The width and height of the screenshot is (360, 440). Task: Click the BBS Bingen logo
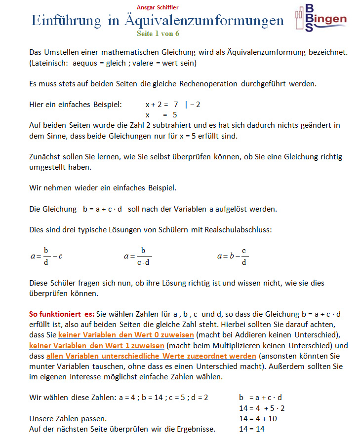click(320, 18)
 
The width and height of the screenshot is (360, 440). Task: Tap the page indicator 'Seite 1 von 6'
click(158, 33)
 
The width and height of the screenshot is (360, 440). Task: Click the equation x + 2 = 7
click(161, 105)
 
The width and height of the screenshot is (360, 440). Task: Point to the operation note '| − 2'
click(192, 105)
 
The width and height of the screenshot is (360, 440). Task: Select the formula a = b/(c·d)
click(138, 256)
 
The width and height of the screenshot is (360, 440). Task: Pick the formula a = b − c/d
click(233, 256)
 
